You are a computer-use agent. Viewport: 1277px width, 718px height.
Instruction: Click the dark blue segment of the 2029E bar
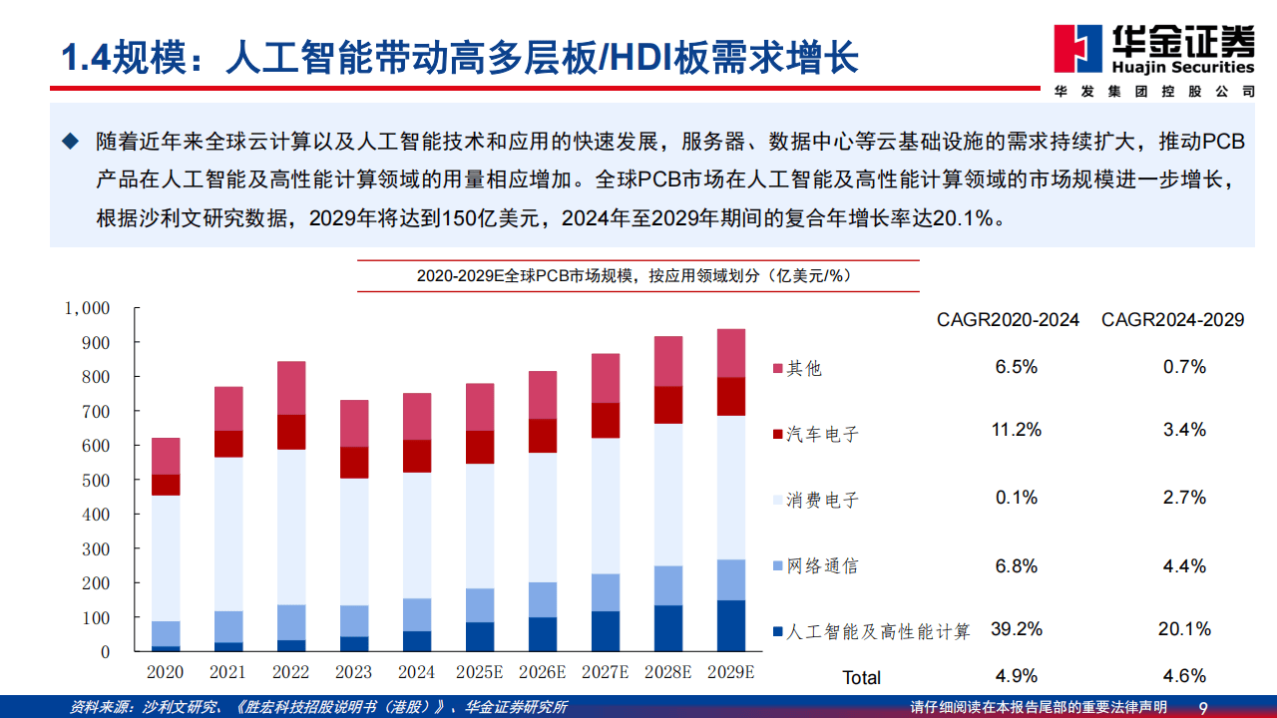[731, 625]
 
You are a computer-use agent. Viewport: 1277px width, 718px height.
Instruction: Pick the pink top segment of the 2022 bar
[291, 388]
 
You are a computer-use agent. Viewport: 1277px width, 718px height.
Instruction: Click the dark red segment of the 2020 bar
[166, 485]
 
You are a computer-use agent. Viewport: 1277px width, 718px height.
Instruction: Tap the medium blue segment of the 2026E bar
[543, 599]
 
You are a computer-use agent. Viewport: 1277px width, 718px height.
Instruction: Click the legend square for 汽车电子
[778, 433]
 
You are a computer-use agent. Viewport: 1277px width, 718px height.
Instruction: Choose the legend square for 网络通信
[778, 565]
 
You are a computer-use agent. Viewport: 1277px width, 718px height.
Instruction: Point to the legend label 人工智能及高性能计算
[878, 631]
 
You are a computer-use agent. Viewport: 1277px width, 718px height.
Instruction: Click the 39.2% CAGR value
[1017, 629]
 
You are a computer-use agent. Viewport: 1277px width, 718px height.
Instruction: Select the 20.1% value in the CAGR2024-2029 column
[1184, 629]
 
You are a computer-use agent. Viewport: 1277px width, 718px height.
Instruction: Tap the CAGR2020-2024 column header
[1008, 319]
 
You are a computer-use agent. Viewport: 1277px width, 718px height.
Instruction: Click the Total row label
[861, 677]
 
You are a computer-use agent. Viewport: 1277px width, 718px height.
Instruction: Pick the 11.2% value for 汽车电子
[1017, 430]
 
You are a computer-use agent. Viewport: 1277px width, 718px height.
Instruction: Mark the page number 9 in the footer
[1203, 708]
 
